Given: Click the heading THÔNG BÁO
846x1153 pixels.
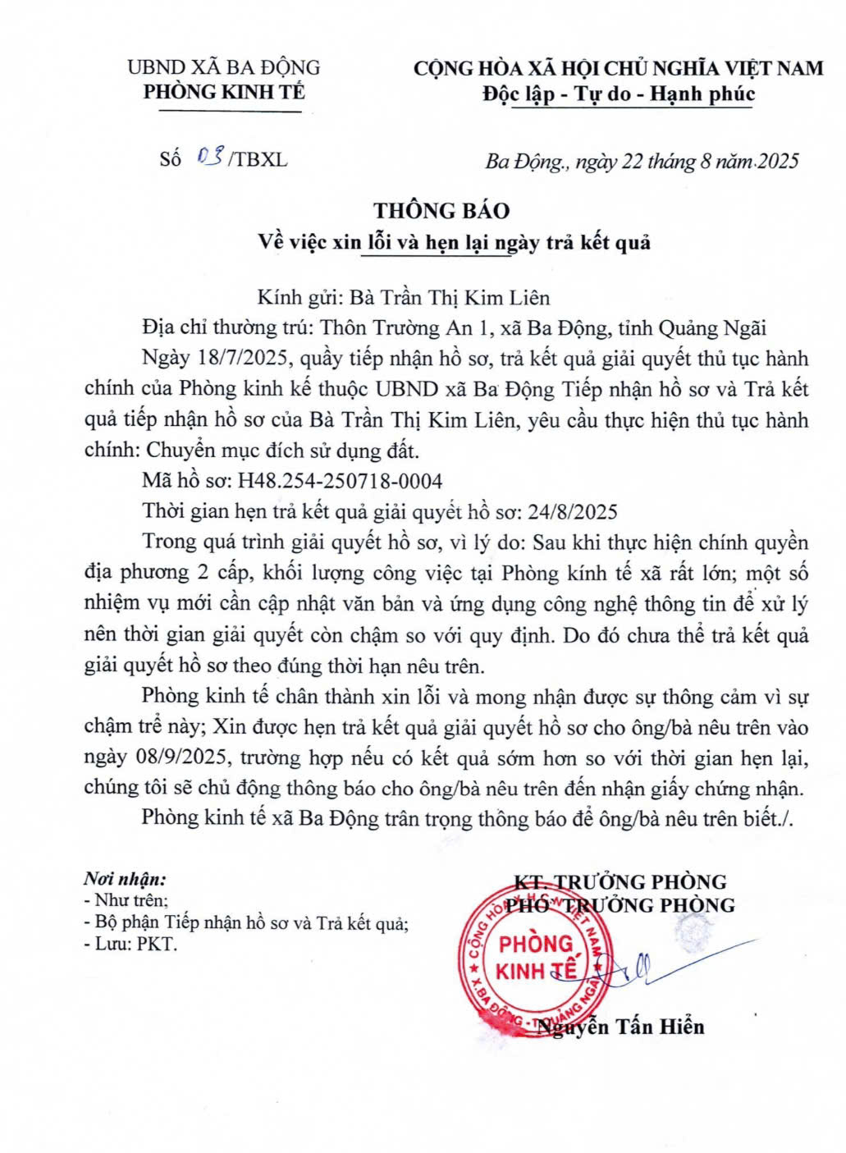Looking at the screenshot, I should click(x=441, y=211).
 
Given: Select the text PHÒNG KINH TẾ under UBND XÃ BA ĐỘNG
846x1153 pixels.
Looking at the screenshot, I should click(x=223, y=92).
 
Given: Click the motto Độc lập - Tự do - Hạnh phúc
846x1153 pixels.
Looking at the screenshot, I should click(x=618, y=94).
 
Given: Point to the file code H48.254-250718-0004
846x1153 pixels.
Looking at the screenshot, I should click(x=340, y=480).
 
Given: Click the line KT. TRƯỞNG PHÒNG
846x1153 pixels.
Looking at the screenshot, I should click(x=620, y=882).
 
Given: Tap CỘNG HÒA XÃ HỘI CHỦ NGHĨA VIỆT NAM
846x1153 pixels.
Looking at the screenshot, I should click(x=618, y=68).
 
